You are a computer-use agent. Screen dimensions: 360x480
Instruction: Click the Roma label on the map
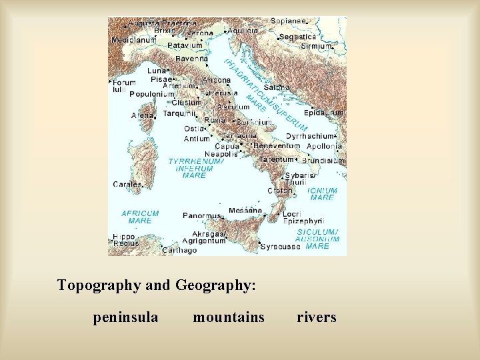coord(215,120)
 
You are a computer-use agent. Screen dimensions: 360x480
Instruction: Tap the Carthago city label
coord(180,251)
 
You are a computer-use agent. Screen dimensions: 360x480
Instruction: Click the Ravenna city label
coord(191,59)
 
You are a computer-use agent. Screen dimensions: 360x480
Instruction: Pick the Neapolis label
coord(221,154)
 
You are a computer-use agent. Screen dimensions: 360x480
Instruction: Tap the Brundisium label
coord(323,161)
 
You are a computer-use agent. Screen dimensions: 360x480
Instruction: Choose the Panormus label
coord(201,216)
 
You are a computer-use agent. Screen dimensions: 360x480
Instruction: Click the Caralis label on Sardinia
coord(127,184)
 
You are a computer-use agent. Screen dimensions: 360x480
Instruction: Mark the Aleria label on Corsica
coord(142,115)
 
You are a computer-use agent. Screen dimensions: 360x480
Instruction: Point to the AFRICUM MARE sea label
coord(140,217)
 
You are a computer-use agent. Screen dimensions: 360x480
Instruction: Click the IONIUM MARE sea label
coord(322,194)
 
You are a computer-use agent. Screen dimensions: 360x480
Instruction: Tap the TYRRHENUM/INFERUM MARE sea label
coord(196,169)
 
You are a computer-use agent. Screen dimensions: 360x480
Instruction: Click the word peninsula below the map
coord(125,317)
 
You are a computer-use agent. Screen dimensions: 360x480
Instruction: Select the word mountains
coord(229,317)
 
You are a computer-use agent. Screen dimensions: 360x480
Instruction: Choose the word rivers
coord(317,317)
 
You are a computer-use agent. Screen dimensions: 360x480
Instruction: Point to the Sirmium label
coord(317,46)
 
